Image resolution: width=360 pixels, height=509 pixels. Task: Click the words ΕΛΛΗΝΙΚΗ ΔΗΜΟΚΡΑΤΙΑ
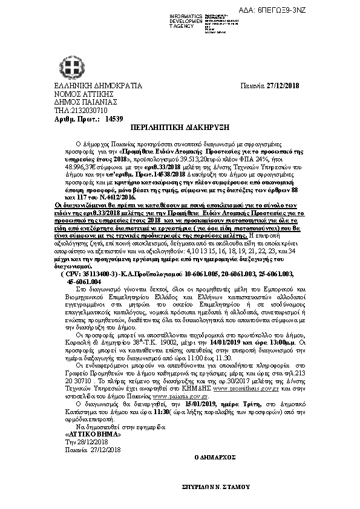click(x=81, y=86)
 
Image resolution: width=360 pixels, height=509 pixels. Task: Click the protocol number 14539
click(x=97, y=120)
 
